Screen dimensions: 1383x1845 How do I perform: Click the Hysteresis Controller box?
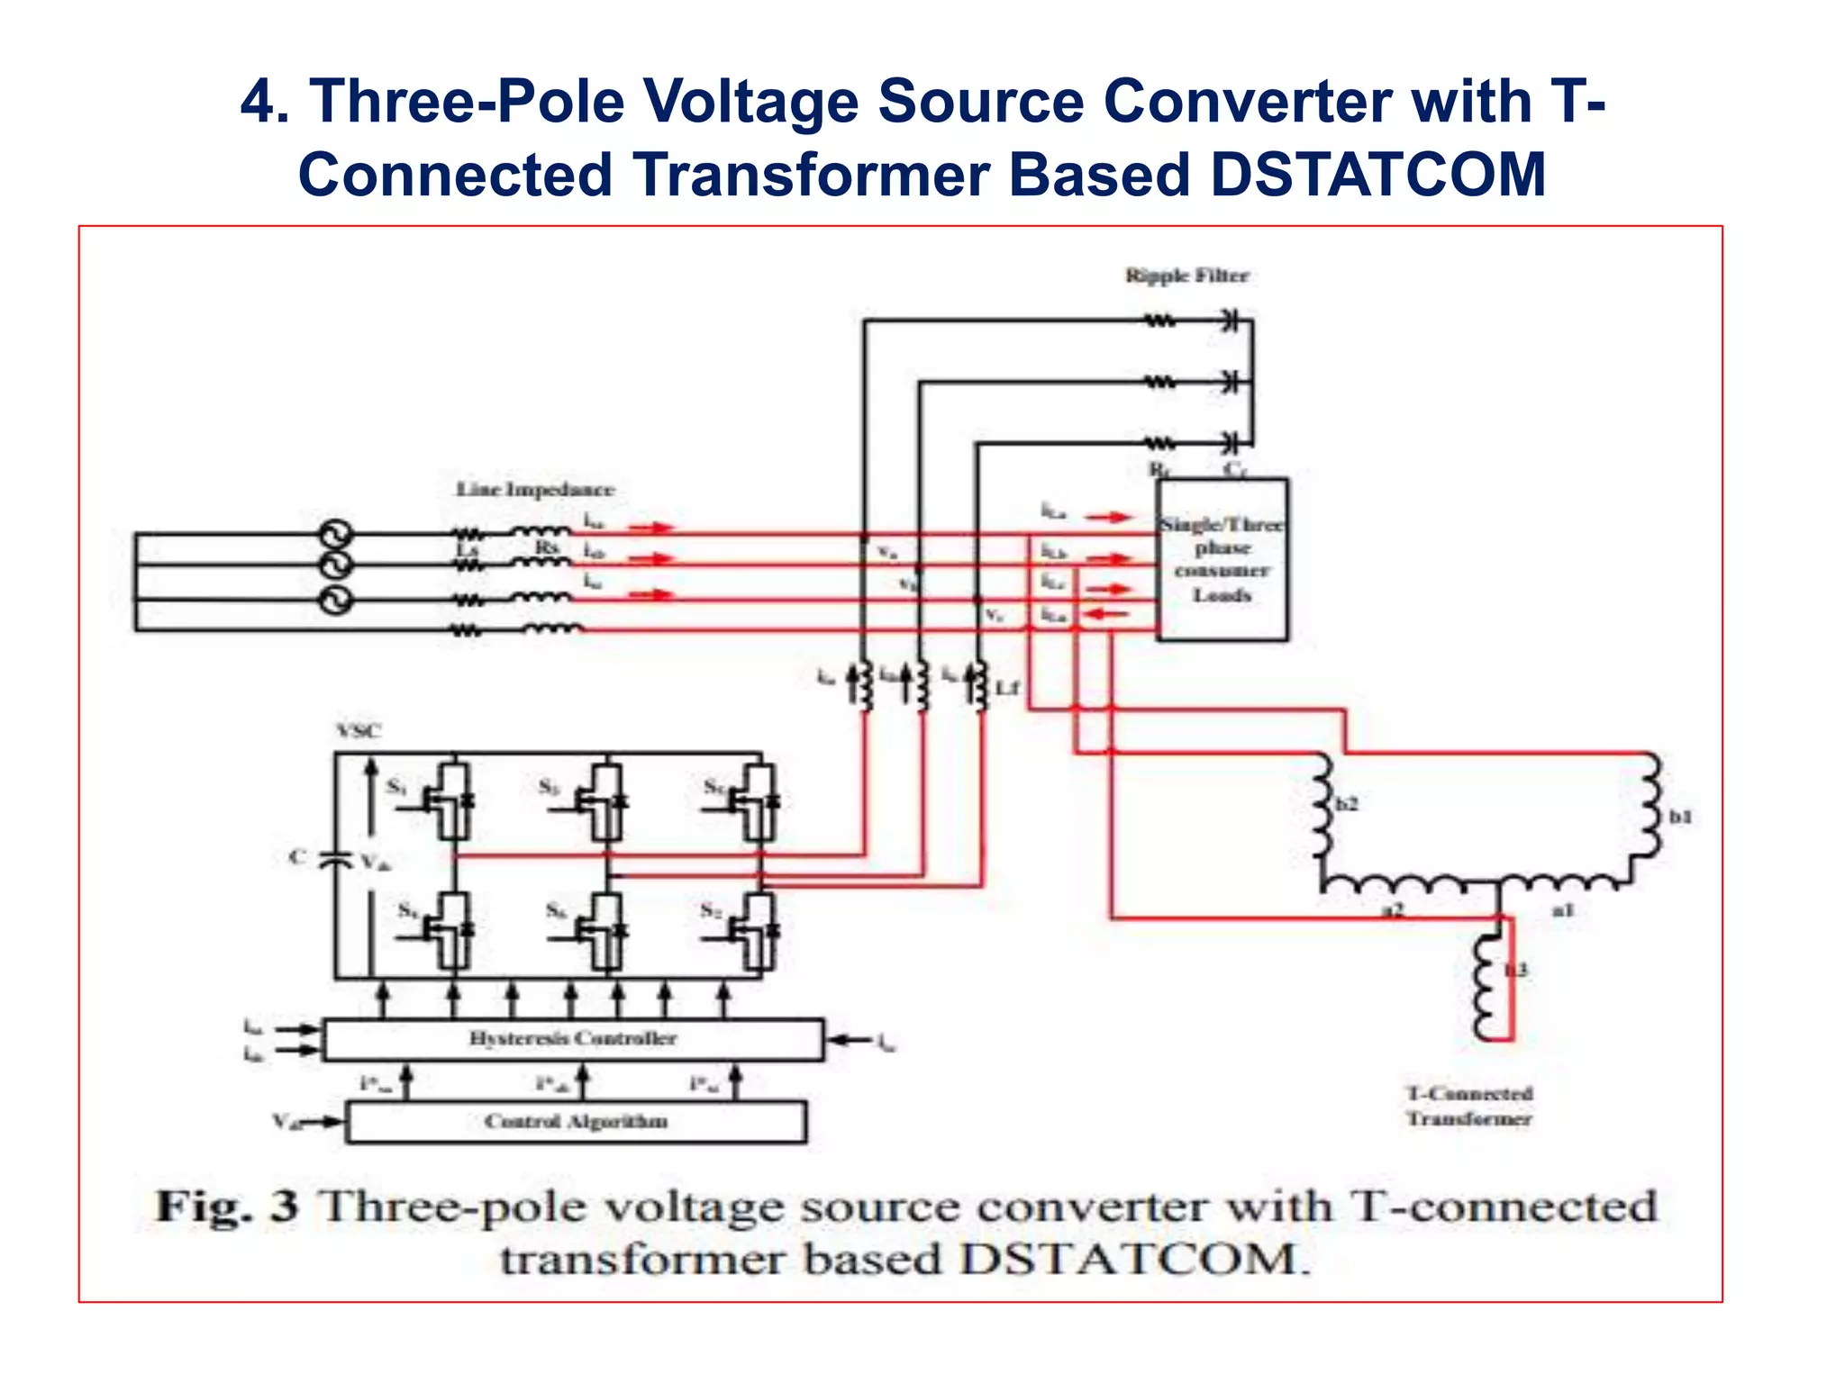point(573,1039)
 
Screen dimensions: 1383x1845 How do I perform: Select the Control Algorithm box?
point(577,1122)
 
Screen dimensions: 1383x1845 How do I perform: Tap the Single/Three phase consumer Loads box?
point(1222,560)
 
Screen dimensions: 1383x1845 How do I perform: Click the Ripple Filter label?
point(1186,276)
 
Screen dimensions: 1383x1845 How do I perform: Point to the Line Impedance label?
point(535,490)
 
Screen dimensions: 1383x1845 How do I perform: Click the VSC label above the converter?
point(359,730)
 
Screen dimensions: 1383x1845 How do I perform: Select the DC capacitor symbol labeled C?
point(336,859)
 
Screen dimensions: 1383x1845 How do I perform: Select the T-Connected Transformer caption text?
point(1469,1106)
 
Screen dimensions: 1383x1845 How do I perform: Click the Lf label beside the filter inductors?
point(1007,688)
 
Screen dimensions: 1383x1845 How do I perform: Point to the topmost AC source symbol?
point(336,535)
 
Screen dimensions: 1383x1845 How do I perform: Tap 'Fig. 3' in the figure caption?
point(227,1207)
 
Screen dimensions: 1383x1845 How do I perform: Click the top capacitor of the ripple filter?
point(1230,320)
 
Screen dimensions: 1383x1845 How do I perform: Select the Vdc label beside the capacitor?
point(375,863)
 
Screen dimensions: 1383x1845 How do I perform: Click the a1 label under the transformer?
point(1563,911)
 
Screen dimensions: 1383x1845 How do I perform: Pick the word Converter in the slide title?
point(1251,101)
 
